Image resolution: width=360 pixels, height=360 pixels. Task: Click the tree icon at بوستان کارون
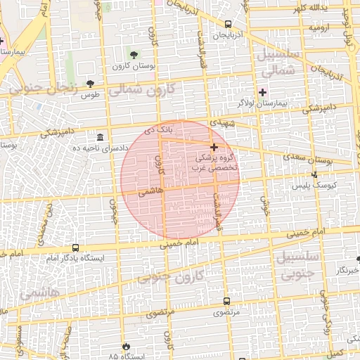[134, 54]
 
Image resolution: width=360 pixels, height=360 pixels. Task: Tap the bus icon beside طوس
[88, 84]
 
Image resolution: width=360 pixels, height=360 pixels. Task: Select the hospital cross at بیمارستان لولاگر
[263, 92]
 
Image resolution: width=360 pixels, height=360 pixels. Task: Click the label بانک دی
[157, 131]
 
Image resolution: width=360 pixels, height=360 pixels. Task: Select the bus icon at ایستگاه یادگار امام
[75, 247]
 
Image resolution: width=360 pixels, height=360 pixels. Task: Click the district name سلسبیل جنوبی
[300, 264]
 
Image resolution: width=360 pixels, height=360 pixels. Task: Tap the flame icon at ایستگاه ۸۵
[126, 346]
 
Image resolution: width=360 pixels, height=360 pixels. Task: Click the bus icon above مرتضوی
[226, 301]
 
